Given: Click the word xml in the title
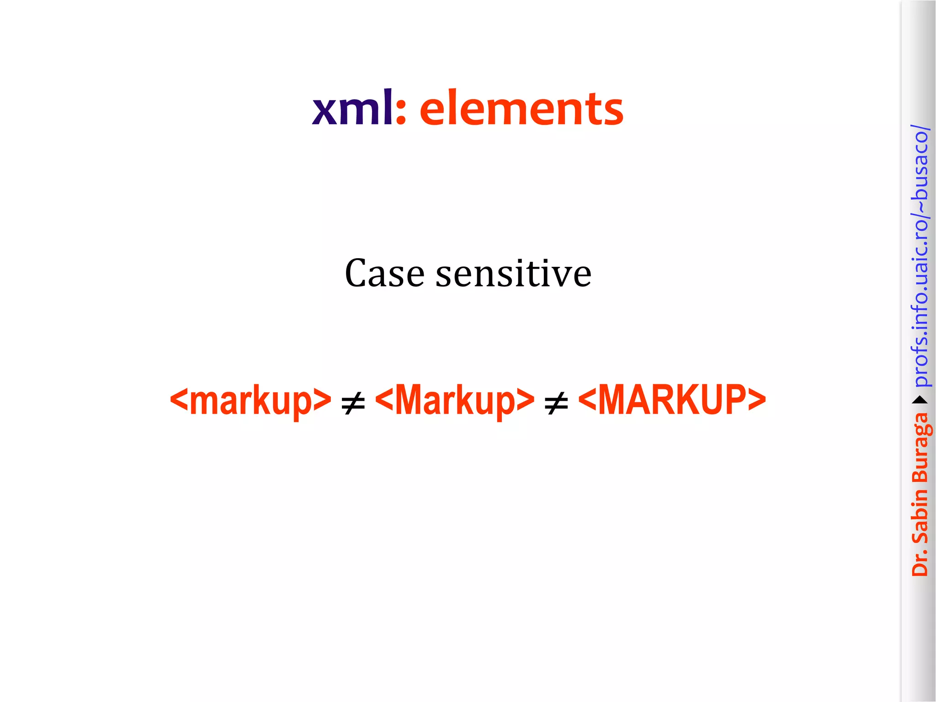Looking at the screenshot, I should pyautogui.click(x=351, y=108).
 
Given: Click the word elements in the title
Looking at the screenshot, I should pyautogui.click(x=521, y=108).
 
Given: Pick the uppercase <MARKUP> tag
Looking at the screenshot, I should pyautogui.click(x=672, y=400).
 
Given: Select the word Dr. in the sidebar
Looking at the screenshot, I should pyautogui.click(x=920, y=563).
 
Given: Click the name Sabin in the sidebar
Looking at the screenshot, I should pyautogui.click(x=920, y=515).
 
